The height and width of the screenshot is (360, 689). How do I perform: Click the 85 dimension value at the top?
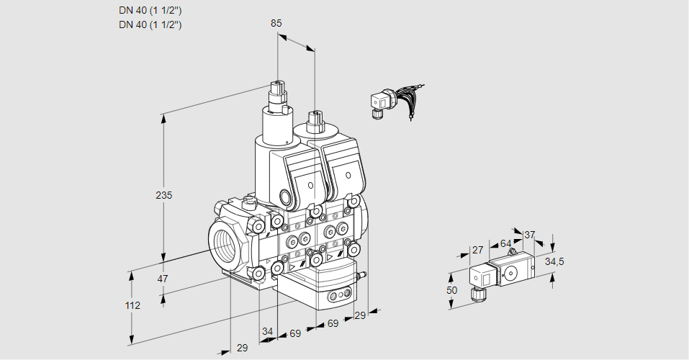[x=276, y=23]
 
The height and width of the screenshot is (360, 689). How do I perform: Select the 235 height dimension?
[x=165, y=195]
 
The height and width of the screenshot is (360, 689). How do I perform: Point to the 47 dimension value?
[x=163, y=279]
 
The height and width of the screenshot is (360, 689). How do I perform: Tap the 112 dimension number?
[x=132, y=305]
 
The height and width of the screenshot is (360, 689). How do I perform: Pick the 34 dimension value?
[x=268, y=331]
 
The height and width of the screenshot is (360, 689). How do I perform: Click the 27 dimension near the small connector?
[x=477, y=250]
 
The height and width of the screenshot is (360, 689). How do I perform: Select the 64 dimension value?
[x=505, y=243]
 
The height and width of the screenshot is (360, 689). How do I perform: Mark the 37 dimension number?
[x=529, y=235]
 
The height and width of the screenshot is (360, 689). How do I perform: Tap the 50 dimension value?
[x=451, y=289]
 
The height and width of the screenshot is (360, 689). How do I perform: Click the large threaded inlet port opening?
[x=225, y=244]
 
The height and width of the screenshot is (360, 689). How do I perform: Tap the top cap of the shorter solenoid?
[x=314, y=117]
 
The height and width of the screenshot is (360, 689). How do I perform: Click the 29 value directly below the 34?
[x=242, y=348]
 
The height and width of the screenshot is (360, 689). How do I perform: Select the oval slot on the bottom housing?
[x=338, y=295]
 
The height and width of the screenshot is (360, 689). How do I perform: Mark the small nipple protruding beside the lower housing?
[x=363, y=274]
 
